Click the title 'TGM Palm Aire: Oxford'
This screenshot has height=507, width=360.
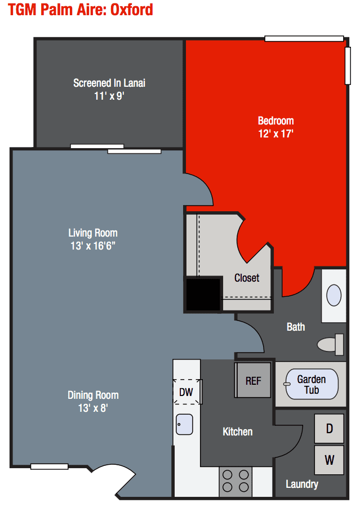pyautogui.click(x=81, y=10)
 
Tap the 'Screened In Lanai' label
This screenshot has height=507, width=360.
pyautogui.click(x=109, y=83)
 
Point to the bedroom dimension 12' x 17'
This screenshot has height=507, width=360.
pyautogui.click(x=275, y=134)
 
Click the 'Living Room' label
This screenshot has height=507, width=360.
pyautogui.click(x=93, y=233)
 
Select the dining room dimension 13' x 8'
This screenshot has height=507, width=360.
pyautogui.click(x=93, y=408)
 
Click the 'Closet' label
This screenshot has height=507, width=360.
pyautogui.click(x=247, y=278)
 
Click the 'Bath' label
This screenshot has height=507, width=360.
pyautogui.click(x=296, y=327)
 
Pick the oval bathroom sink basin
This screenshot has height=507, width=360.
pyautogui.click(x=334, y=295)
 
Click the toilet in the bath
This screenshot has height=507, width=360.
pyautogui.click(x=331, y=343)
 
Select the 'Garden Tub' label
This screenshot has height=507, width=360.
pyautogui.click(x=311, y=384)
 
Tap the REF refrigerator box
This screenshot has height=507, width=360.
pyautogui.click(x=253, y=381)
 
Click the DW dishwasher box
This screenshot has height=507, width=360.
pyautogui.click(x=186, y=392)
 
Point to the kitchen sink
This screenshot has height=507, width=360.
pyautogui.click(x=184, y=424)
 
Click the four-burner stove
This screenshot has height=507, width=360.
pyautogui.click(x=235, y=481)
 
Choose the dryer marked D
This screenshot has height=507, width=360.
pyautogui.click(x=329, y=429)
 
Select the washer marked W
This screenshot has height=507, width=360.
pyautogui.click(x=329, y=460)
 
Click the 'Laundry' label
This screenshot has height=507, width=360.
pyautogui.click(x=302, y=484)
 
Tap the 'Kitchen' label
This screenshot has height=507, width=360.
pyautogui.click(x=238, y=432)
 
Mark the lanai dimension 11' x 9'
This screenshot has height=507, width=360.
pyautogui.click(x=109, y=96)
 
